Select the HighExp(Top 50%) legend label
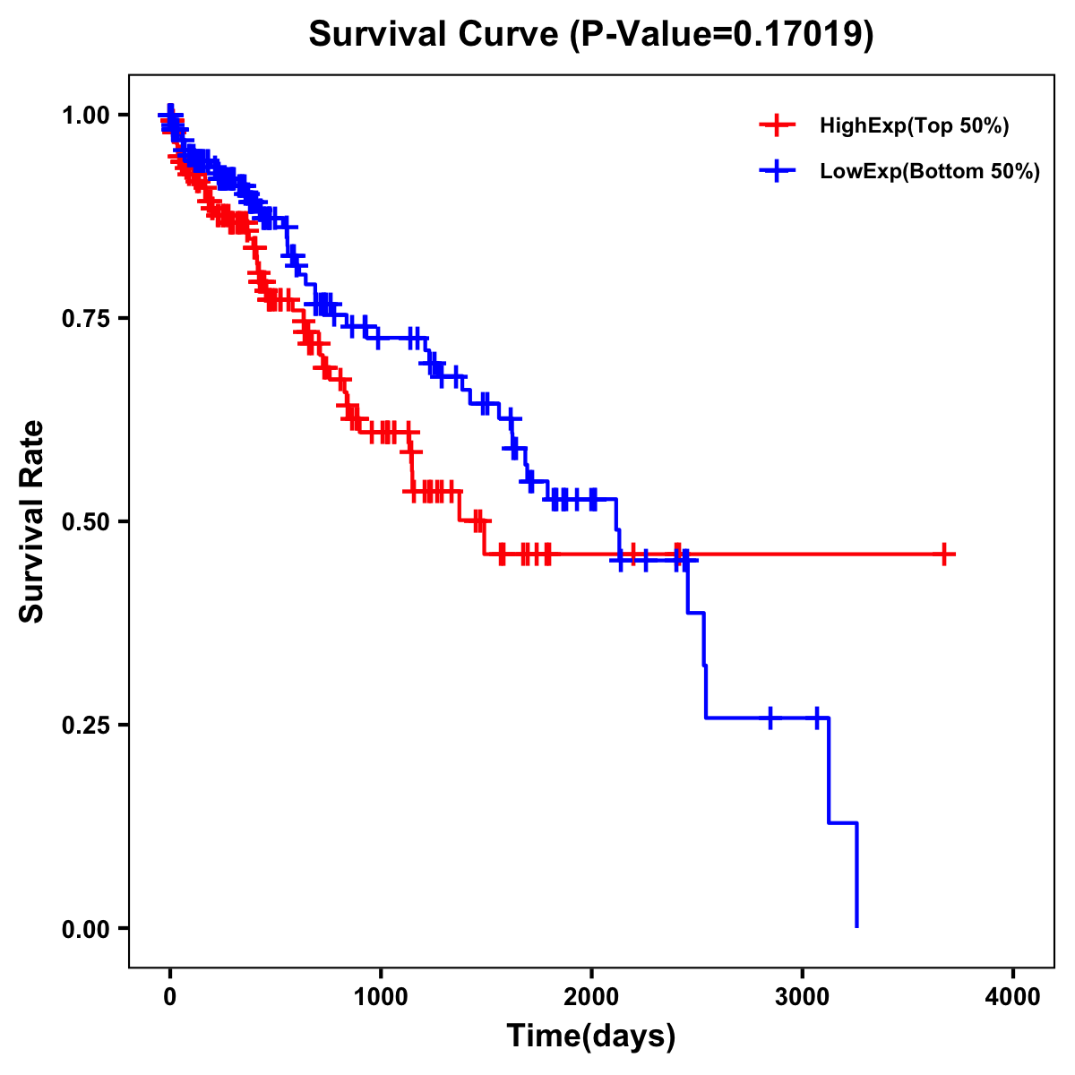tap(915, 126)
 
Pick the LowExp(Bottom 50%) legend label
tap(930, 171)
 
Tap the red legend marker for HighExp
tap(776, 126)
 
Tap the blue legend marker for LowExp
tap(776, 171)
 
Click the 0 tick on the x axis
tap(170, 995)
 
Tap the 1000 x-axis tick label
tap(381, 995)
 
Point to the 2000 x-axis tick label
tap(591, 995)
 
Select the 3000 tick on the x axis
tap(803, 995)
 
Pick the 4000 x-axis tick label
tap(1013, 995)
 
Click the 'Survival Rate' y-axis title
tap(32, 521)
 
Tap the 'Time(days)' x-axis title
tap(591, 1036)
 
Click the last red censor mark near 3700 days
tap(944, 555)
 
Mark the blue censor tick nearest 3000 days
tap(817, 718)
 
